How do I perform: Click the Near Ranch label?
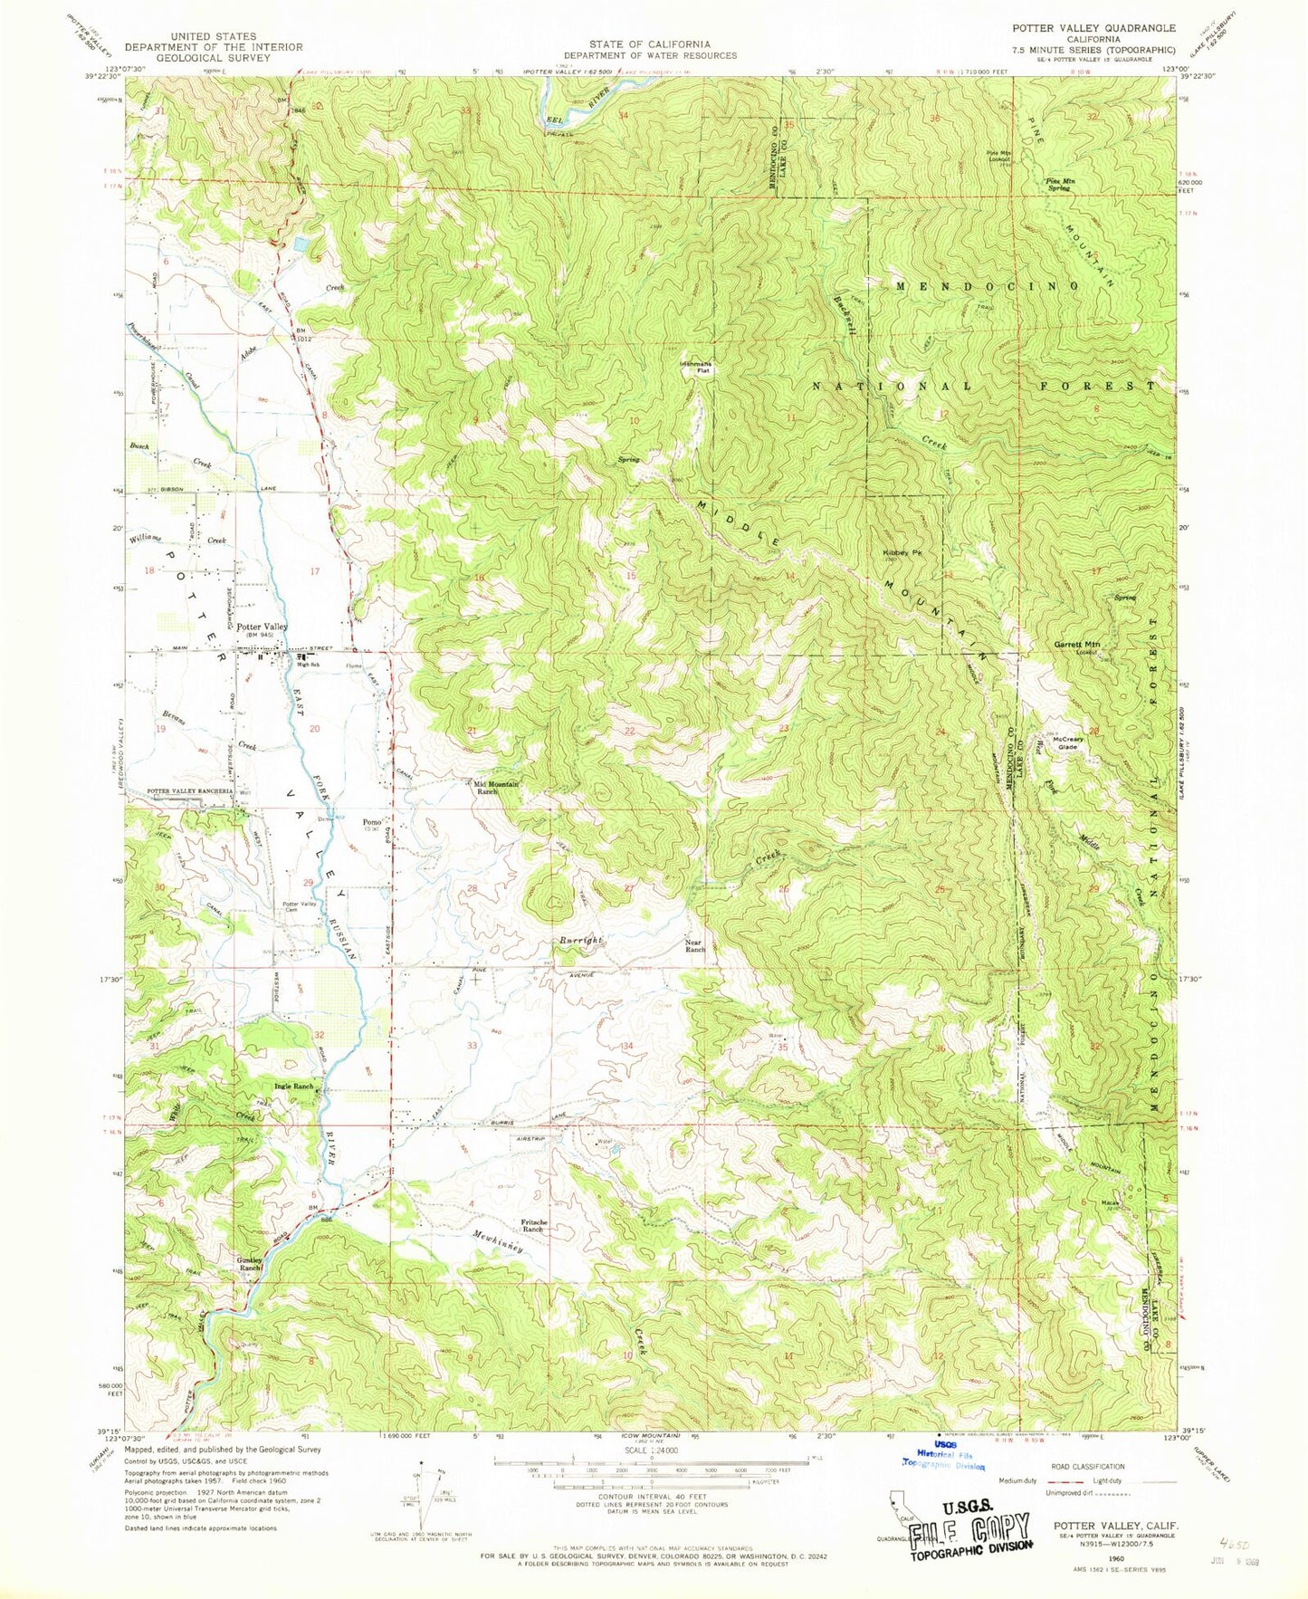coord(694,945)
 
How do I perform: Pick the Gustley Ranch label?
coord(249,1264)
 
